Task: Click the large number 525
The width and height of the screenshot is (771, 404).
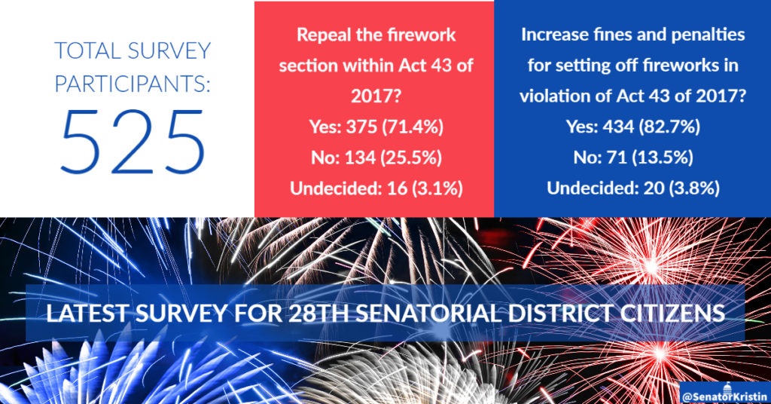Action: point(133,142)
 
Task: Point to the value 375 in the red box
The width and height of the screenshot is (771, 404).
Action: point(362,127)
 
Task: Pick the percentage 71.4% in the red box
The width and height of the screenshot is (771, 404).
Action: point(413,127)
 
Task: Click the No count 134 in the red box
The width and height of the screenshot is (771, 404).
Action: point(360,158)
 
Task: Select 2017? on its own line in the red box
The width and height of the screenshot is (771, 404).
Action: point(376,96)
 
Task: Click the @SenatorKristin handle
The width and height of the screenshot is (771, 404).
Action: point(725,396)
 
